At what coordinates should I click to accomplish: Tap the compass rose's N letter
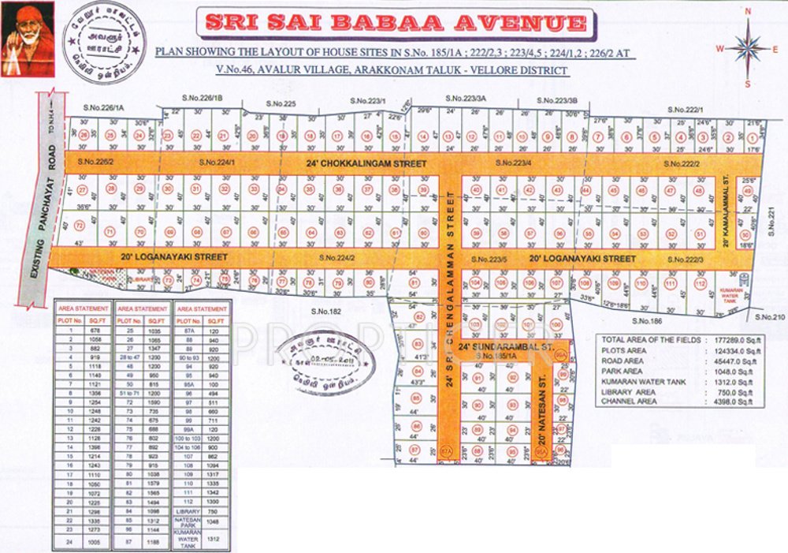click(x=748, y=12)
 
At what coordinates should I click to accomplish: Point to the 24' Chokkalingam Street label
click(x=366, y=163)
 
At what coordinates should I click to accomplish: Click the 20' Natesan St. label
click(x=542, y=417)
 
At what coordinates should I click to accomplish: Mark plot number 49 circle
click(x=698, y=190)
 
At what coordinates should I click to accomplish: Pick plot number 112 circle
click(x=698, y=283)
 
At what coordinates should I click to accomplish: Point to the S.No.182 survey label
click(x=324, y=312)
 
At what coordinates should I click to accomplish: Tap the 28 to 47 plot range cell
click(x=126, y=357)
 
